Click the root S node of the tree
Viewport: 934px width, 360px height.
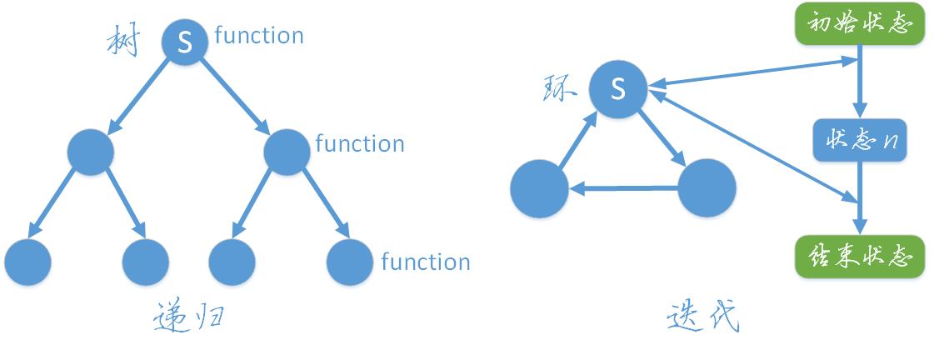pyautogui.click(x=185, y=42)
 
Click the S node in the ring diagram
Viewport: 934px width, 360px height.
pyautogui.click(x=618, y=89)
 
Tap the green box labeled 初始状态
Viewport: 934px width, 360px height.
pyautogui.click(x=859, y=25)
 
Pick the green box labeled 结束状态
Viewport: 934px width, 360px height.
pyautogui.click(x=859, y=257)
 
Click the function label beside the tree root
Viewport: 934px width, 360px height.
pyautogui.click(x=259, y=36)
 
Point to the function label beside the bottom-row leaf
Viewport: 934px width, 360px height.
pyautogui.click(x=426, y=262)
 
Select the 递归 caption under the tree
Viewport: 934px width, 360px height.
pyautogui.click(x=189, y=318)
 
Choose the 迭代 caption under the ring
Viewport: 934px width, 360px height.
pyautogui.click(x=704, y=317)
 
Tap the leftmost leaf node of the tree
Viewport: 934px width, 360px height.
pyautogui.click(x=27, y=262)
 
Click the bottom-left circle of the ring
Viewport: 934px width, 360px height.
pyautogui.click(x=539, y=188)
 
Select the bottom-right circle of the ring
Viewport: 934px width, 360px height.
pyautogui.click(x=707, y=188)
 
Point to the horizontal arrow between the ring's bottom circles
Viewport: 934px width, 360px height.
pyautogui.click(x=623, y=189)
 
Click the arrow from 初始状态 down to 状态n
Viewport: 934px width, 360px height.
pyautogui.click(x=859, y=83)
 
